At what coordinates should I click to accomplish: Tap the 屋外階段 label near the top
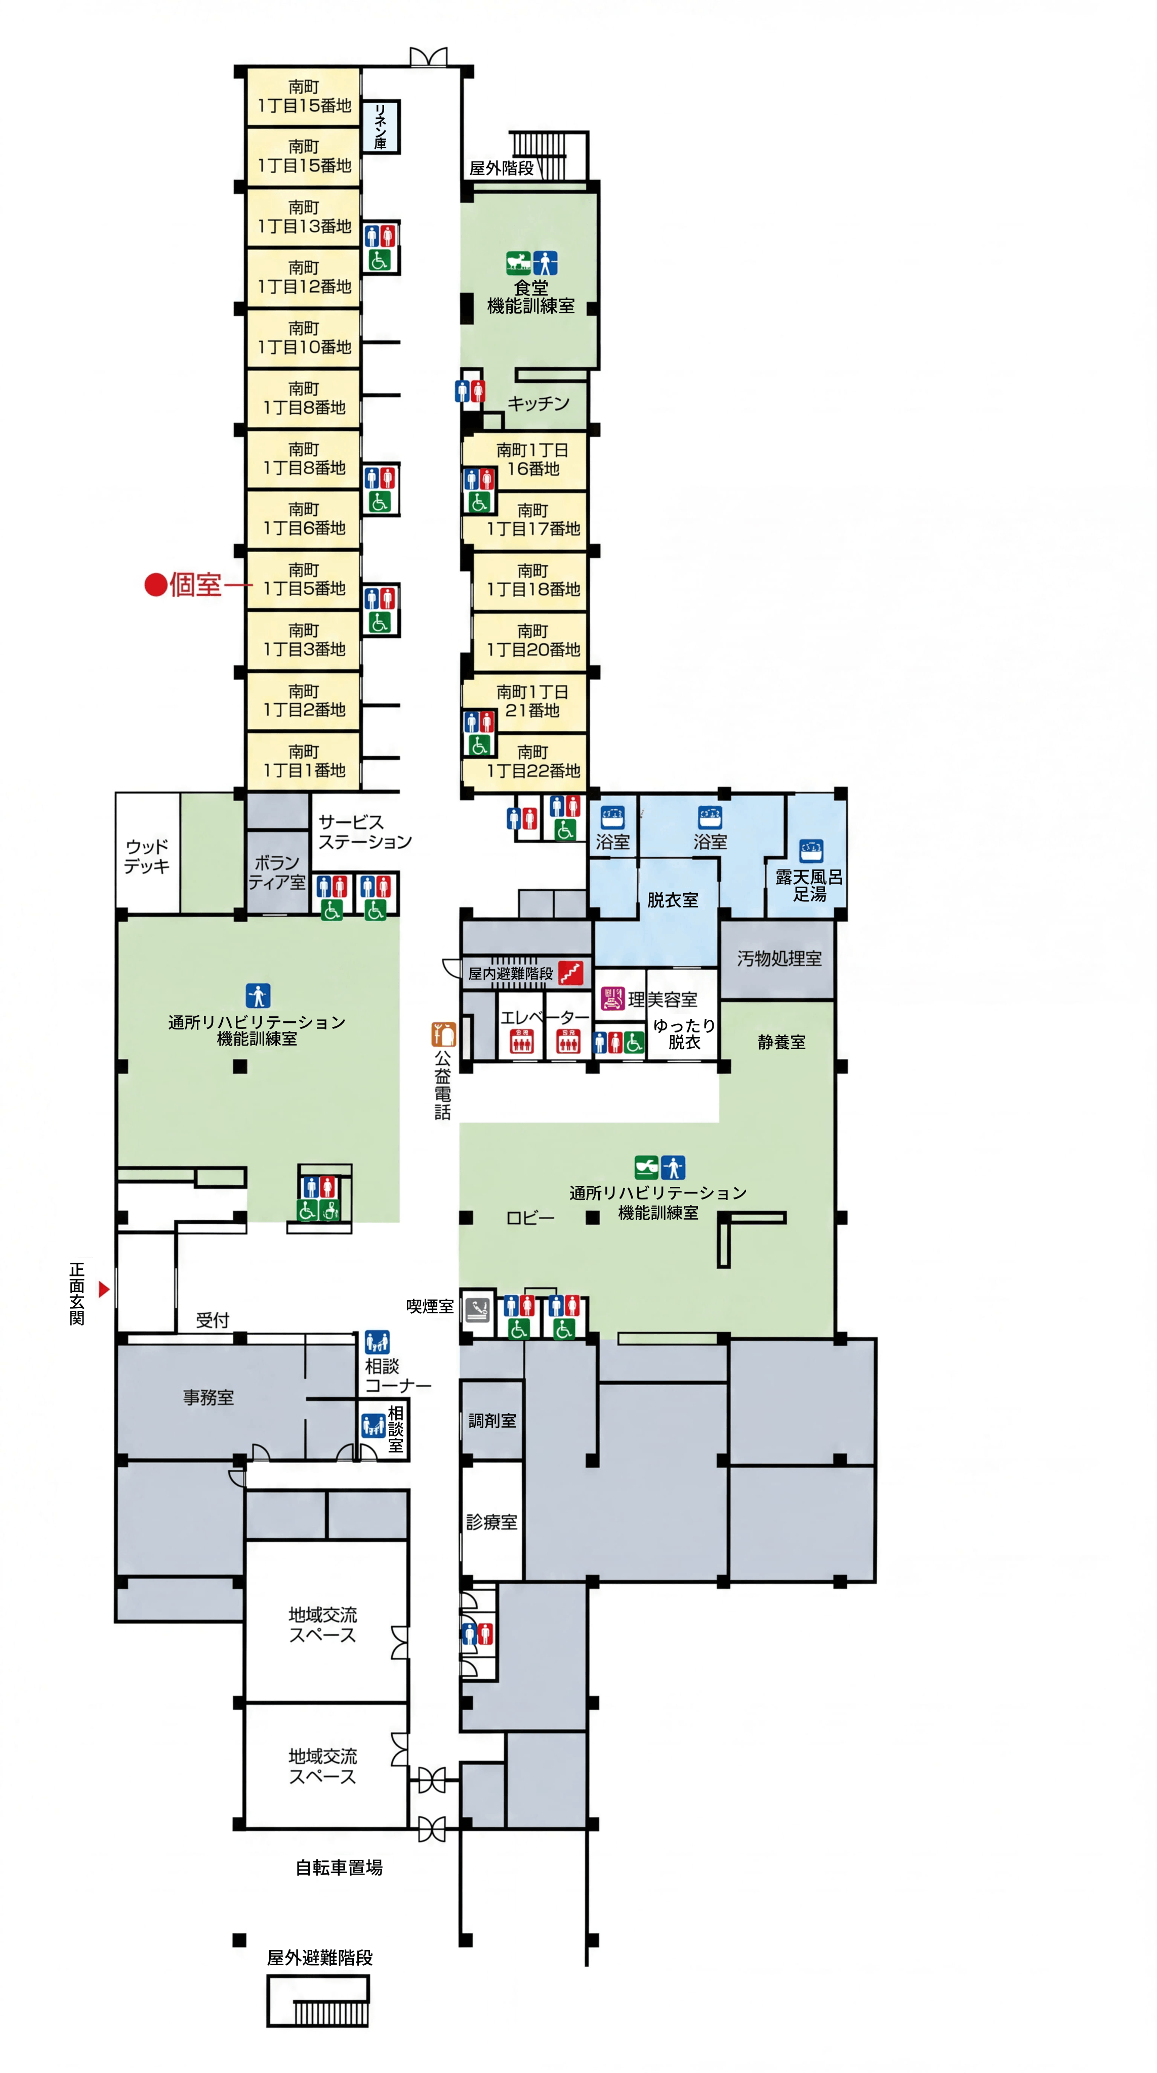(x=501, y=168)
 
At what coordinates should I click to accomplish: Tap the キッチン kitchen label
(x=539, y=403)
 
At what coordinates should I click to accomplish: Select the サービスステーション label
(x=364, y=832)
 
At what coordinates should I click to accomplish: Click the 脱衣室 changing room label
(x=673, y=900)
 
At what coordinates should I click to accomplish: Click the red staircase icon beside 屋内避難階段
(x=570, y=973)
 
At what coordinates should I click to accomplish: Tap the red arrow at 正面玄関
(x=104, y=1289)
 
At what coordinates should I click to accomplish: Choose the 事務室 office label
(x=209, y=1397)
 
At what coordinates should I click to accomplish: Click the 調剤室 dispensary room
(x=491, y=1420)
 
